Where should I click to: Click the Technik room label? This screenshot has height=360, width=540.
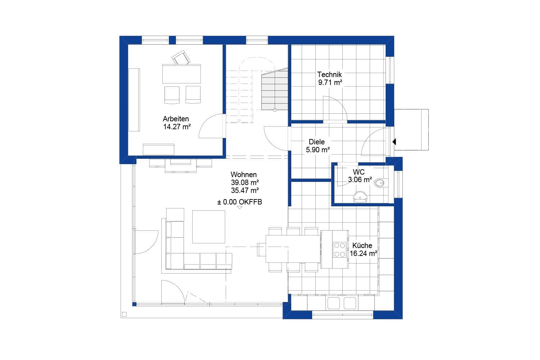(x=329, y=75)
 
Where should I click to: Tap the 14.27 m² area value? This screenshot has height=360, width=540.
(x=177, y=127)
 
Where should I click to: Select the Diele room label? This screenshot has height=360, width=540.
(x=316, y=142)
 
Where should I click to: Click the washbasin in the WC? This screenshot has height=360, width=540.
(x=360, y=197)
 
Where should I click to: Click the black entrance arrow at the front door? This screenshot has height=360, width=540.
(x=394, y=142)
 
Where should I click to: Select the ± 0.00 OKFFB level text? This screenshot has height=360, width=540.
(x=239, y=202)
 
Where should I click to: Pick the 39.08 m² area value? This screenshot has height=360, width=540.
(x=245, y=183)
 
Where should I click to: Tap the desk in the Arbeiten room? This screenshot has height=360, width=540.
(x=181, y=74)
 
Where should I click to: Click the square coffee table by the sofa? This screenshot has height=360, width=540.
(x=208, y=227)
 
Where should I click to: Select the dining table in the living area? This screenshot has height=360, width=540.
(x=293, y=249)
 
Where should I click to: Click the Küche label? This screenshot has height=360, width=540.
(x=362, y=246)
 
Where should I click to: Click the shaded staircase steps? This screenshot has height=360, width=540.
(x=275, y=90)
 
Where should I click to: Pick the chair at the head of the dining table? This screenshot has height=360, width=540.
(x=261, y=249)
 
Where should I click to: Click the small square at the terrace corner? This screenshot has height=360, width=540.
(x=124, y=314)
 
